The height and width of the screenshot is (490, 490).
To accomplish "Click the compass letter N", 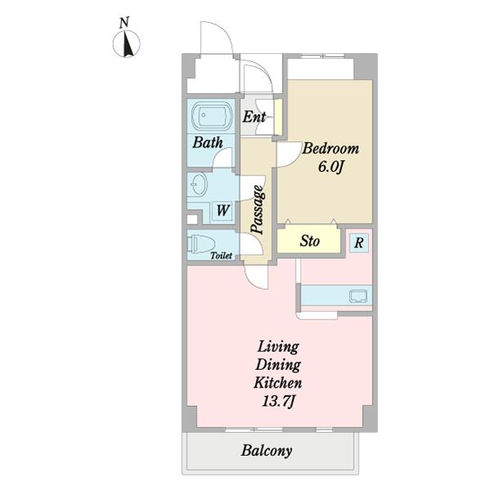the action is tap(125, 23).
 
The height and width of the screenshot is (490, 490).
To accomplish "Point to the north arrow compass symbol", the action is tap(127, 44).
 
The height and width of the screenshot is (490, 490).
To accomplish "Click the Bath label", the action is tap(207, 142).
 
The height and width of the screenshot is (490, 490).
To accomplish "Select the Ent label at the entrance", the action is tap(254, 117).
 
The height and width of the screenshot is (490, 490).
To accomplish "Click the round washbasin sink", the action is tap(198, 184).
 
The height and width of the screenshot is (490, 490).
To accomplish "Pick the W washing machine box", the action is tap(223, 211).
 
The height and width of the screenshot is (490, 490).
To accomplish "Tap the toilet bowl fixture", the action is tap(201, 243).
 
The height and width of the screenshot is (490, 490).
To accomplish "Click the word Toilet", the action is tap(221, 256).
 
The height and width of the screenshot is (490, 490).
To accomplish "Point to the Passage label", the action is tap(258, 210).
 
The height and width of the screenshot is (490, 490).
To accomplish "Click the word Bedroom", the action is tap(331, 149).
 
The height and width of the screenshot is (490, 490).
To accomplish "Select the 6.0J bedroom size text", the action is tap(332, 167).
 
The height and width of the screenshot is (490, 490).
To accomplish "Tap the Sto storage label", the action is tap(310, 241).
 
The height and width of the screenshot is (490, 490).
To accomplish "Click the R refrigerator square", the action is tap(359, 243).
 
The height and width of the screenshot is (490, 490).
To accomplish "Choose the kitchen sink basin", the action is tap(359, 296).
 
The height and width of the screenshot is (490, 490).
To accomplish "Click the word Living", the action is tap(278, 346).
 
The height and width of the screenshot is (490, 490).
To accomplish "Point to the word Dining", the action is tap(278, 365).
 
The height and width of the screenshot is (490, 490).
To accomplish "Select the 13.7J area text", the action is tap(278, 401).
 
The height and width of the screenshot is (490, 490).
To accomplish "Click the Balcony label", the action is tap(267, 451).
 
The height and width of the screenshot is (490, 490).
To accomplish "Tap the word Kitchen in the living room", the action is tap(278, 383).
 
